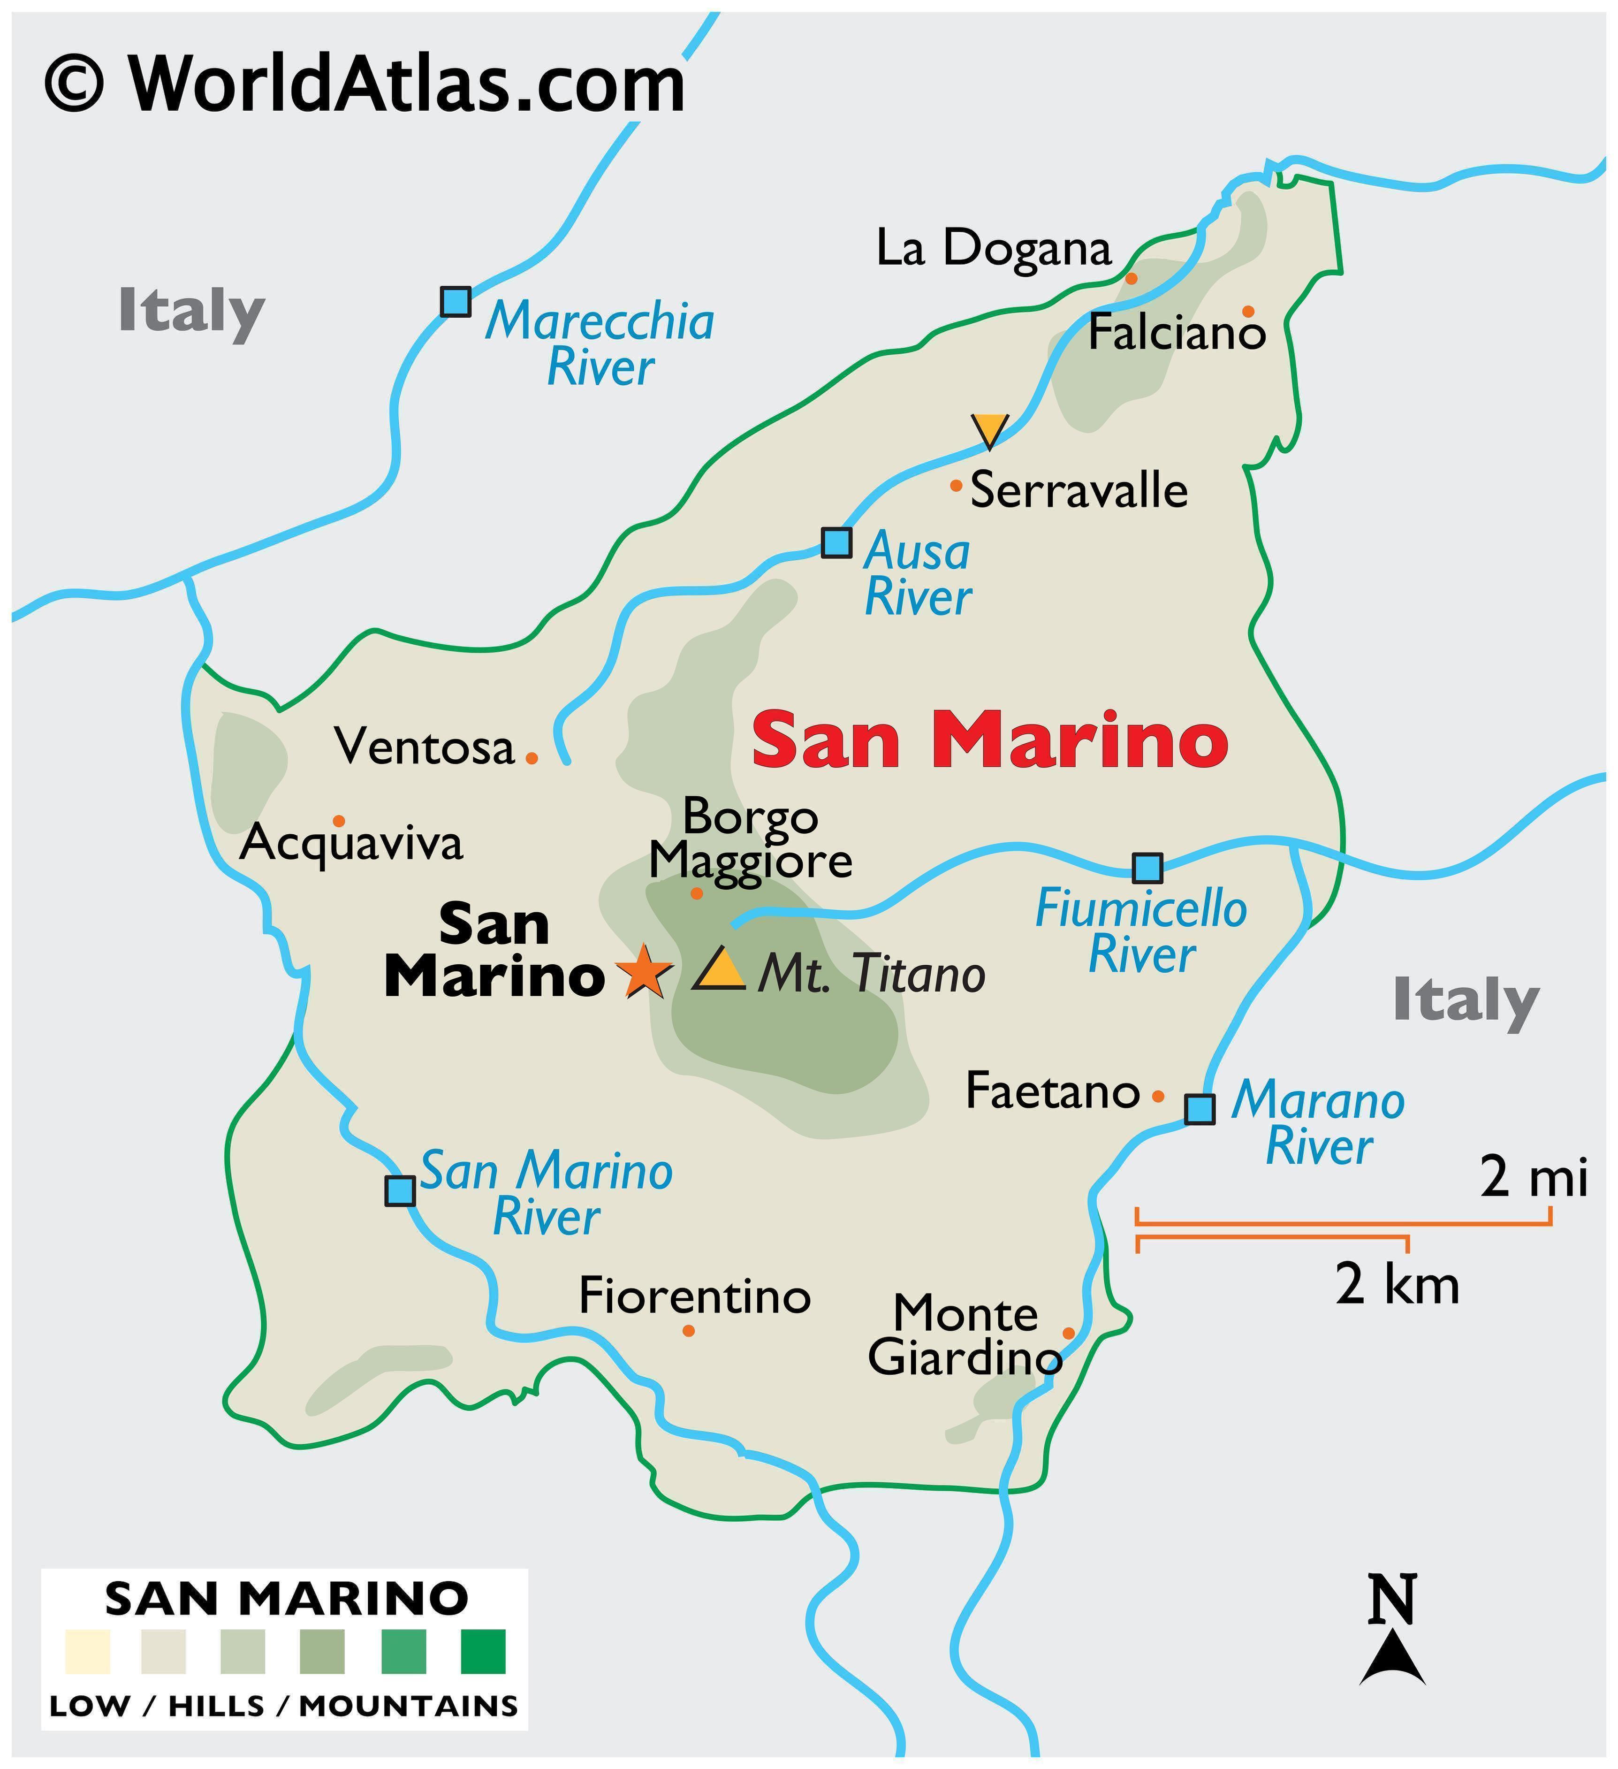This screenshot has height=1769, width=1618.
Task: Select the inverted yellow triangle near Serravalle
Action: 989,429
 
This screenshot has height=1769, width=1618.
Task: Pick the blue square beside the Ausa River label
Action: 836,542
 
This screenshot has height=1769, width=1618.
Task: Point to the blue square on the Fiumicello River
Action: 1147,868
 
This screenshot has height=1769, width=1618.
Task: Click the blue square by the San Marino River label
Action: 400,1191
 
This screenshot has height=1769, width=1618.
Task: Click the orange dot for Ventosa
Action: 531,757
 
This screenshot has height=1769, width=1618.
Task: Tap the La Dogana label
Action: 993,248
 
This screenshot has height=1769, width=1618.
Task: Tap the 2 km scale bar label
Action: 1397,1286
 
